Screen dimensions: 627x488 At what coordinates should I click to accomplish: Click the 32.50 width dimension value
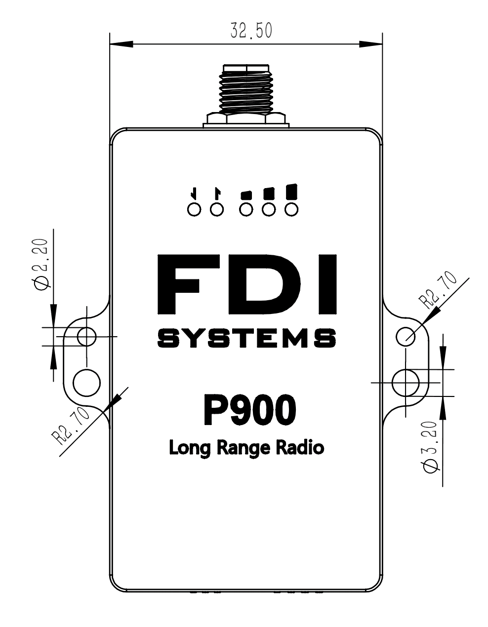251,30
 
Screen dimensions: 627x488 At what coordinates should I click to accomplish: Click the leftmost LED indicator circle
194,209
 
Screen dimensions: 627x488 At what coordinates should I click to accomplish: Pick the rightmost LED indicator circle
292,209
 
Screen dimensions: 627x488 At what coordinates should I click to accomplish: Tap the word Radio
300,447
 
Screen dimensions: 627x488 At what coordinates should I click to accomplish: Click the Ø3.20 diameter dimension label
431,447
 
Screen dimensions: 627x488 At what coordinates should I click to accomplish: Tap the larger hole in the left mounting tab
86,382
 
